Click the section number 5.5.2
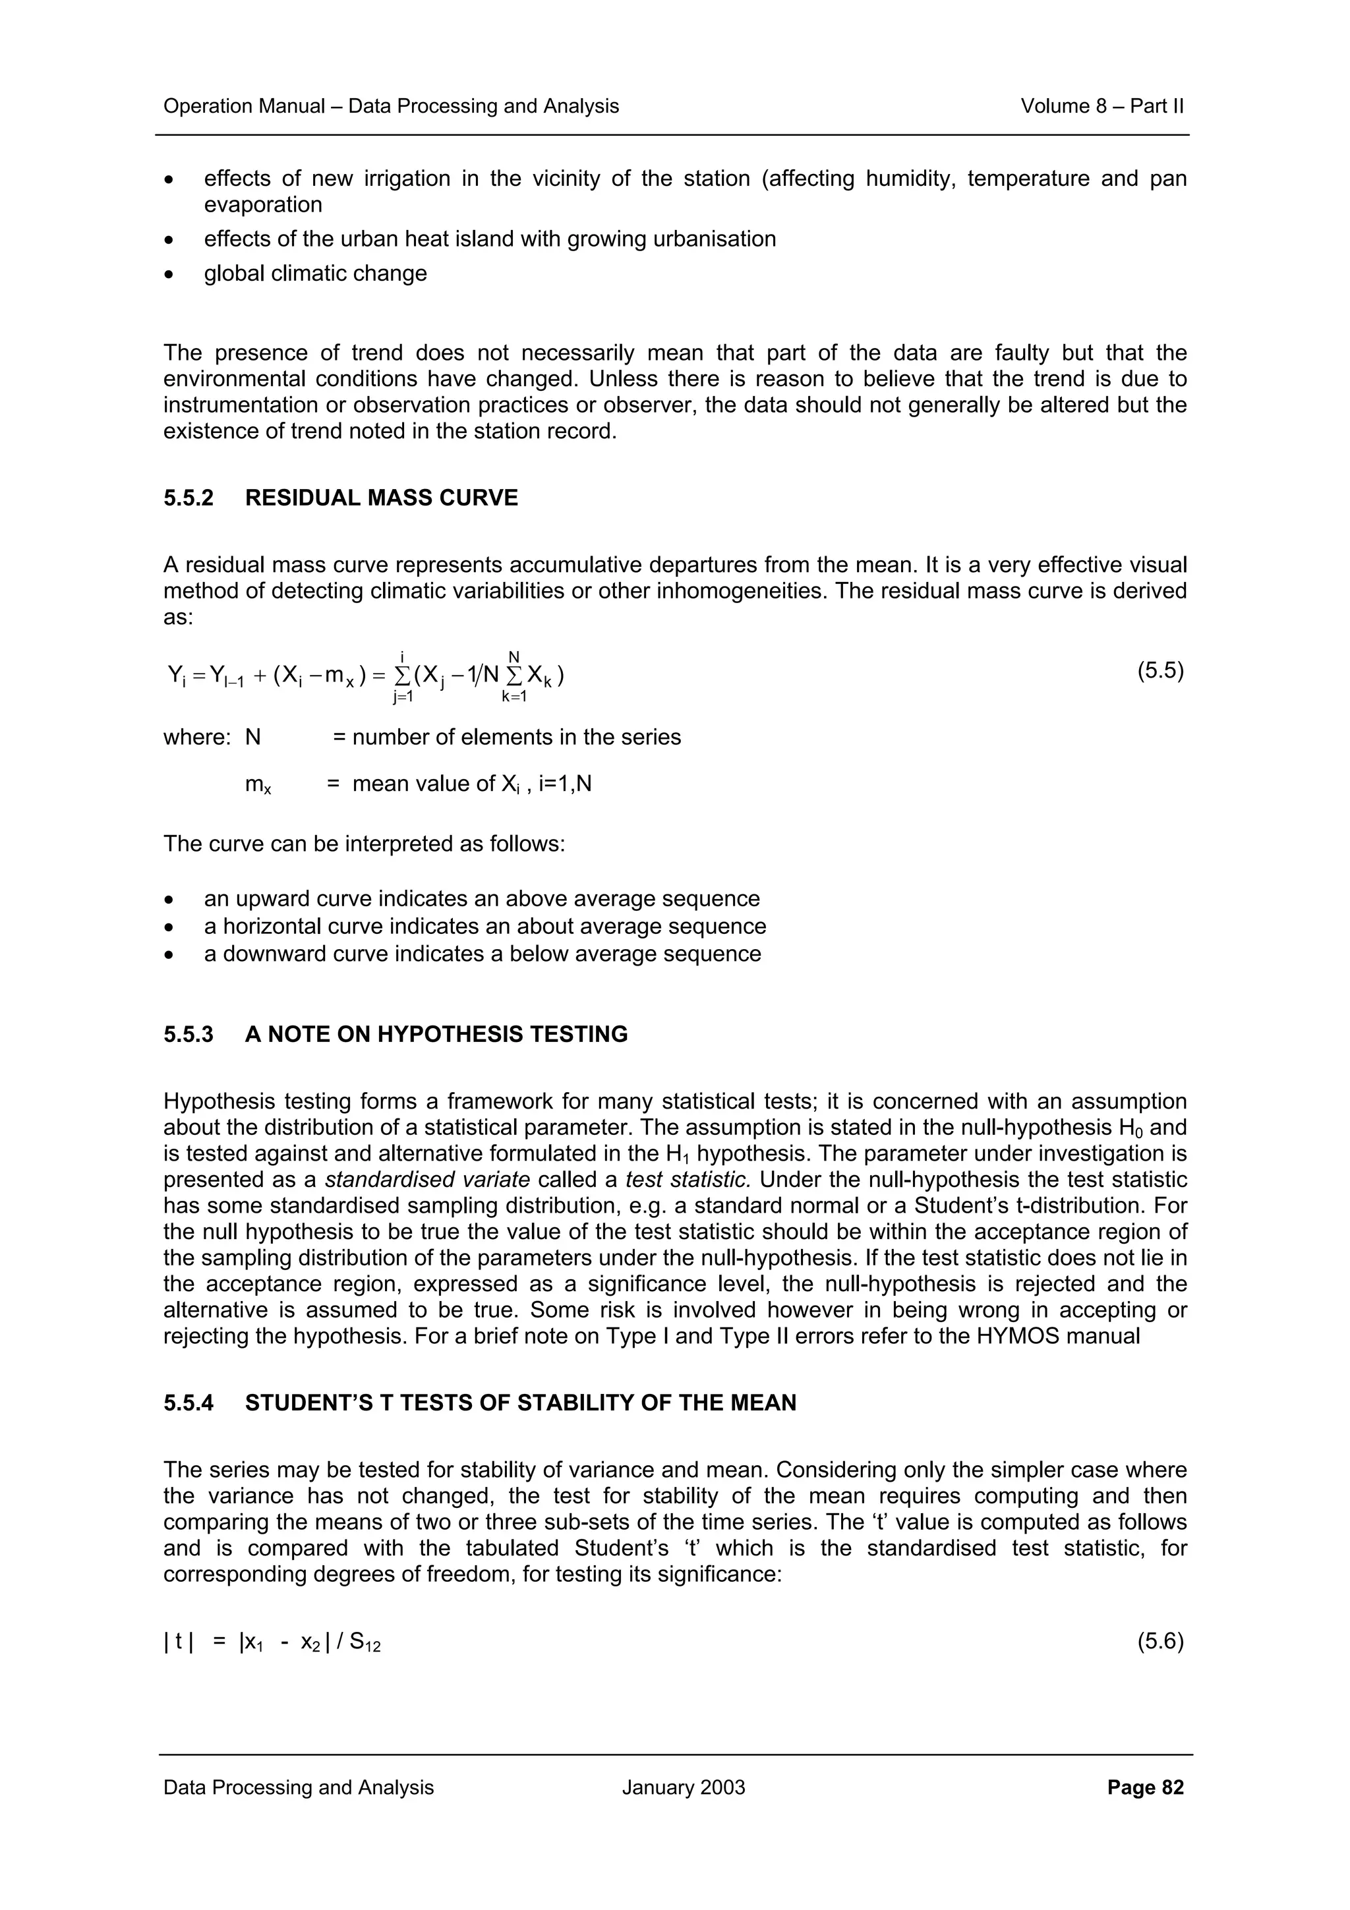pos(188,498)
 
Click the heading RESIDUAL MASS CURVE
pos(381,498)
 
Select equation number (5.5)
pos(1159,672)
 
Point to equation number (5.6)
pos(1159,1641)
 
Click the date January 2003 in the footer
pos(683,1787)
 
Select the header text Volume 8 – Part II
pos(1101,107)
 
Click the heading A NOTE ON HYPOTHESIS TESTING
pos(436,1035)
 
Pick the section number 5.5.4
pos(188,1403)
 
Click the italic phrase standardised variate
pos(426,1180)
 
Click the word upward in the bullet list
pos(280,899)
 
